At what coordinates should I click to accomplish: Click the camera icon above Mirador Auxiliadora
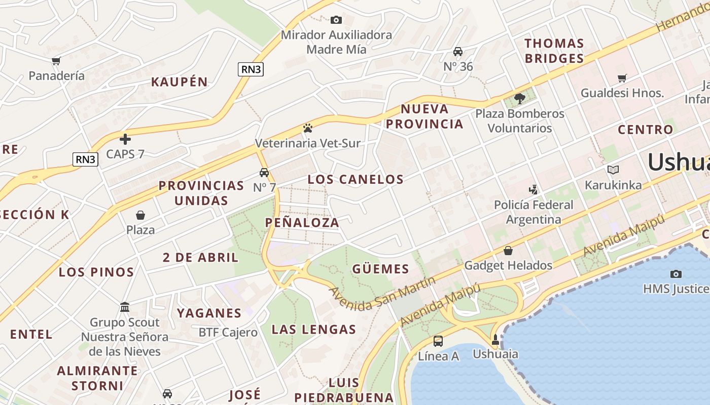pos(336,20)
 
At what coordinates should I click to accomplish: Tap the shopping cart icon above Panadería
pos(56,61)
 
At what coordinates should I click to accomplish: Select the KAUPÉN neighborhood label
pos(180,82)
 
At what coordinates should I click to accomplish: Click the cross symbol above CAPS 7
pos(125,139)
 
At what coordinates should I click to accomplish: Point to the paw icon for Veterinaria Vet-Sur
pos(307,128)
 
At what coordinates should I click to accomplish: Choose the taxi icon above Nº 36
pos(458,52)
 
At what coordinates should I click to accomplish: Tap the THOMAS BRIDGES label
pos(554,51)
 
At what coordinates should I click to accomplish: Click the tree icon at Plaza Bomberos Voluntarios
pos(519,99)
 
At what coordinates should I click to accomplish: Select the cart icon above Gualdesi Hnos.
pos(622,78)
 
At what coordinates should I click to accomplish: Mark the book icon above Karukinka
pos(613,170)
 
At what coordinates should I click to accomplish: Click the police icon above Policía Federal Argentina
pos(533,190)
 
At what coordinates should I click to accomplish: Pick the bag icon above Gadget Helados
pos(508,251)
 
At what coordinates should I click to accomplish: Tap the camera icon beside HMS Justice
pos(676,274)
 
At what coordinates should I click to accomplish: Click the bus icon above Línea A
pos(438,341)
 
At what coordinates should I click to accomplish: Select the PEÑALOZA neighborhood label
pos(302,223)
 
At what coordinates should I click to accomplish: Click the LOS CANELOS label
pos(356,179)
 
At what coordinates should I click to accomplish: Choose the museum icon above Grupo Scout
pos(125,307)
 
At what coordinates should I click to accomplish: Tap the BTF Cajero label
pos(228,333)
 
